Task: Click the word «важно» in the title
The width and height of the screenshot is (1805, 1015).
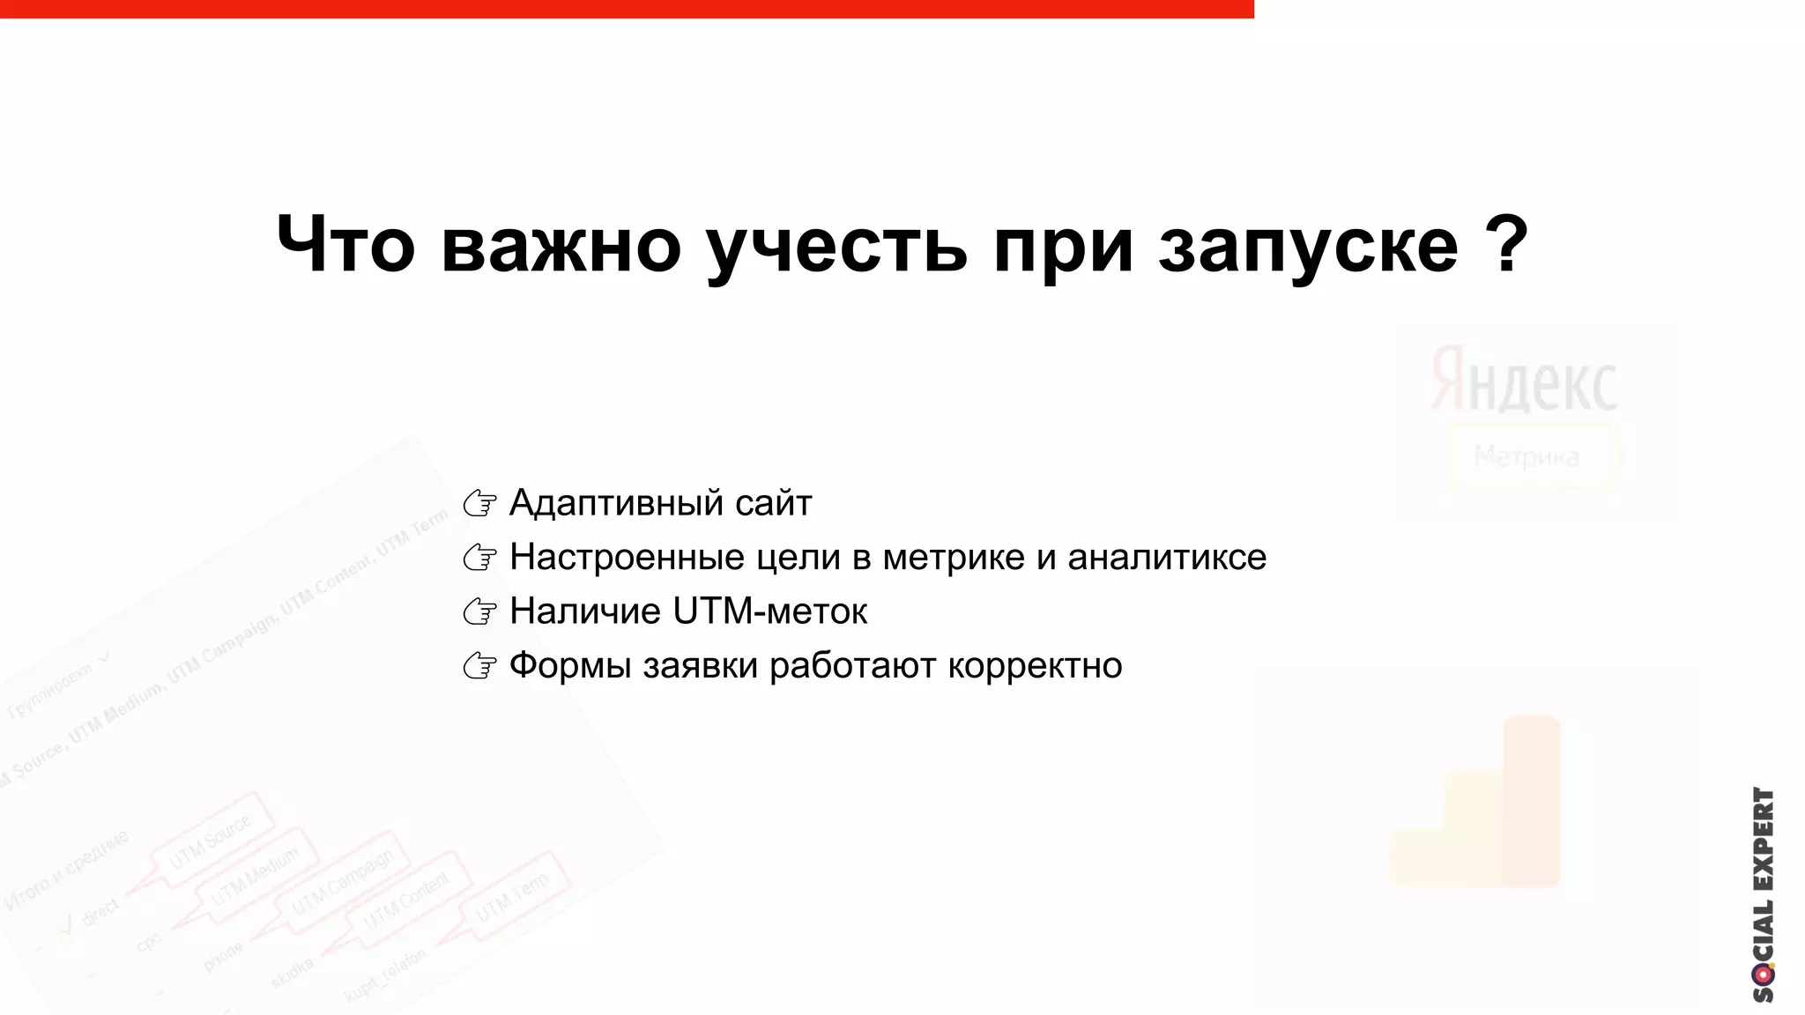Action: click(x=561, y=245)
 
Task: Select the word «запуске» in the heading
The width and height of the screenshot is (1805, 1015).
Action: click(x=1308, y=247)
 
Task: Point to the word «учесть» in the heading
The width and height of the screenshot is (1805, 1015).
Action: click(x=837, y=247)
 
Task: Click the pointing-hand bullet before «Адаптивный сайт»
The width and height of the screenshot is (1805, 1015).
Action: click(x=480, y=503)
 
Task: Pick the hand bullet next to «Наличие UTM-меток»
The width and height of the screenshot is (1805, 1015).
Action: click(x=480, y=611)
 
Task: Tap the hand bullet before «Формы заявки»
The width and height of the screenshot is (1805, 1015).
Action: click(x=480, y=666)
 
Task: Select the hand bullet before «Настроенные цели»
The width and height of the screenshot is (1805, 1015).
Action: click(x=480, y=557)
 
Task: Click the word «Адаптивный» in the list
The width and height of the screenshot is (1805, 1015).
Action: click(x=616, y=503)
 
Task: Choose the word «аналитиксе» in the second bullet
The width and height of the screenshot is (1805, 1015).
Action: click(x=1167, y=557)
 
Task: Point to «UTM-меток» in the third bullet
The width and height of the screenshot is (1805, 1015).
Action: click(x=769, y=611)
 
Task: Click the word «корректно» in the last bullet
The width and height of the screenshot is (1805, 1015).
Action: click(x=1035, y=665)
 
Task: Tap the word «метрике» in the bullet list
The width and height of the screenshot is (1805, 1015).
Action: click(x=954, y=557)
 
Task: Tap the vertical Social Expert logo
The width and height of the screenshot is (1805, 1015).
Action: click(x=1763, y=893)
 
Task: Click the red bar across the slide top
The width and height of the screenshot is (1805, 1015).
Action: click(x=626, y=9)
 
